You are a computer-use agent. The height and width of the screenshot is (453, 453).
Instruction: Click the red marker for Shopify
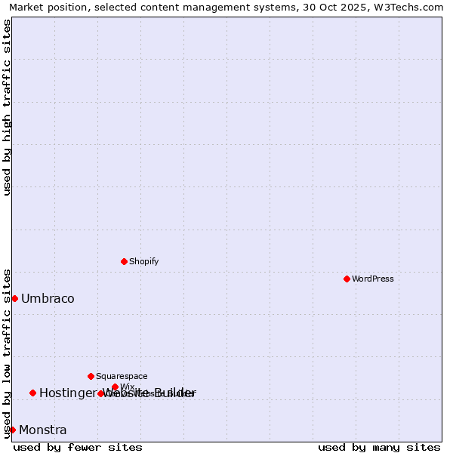[124, 261]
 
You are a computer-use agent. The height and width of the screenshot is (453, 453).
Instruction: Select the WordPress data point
[347, 279]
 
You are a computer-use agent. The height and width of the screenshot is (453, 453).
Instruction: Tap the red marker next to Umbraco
[14, 298]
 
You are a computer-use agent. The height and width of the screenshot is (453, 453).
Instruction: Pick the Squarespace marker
[91, 376]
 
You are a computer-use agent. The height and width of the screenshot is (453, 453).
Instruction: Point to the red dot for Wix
[115, 387]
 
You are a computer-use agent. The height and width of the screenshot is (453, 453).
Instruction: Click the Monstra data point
[12, 430]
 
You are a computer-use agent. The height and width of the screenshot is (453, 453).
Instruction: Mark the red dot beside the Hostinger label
[32, 393]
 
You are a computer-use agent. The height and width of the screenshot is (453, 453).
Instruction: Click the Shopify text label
[143, 261]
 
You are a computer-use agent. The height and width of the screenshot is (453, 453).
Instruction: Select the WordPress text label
[373, 279]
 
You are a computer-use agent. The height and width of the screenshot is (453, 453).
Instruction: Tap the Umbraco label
[48, 298]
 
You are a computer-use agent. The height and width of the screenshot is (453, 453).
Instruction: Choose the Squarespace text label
[122, 376]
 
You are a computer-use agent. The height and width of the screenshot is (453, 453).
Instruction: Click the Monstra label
[42, 430]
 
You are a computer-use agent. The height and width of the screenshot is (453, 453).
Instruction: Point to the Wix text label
[127, 387]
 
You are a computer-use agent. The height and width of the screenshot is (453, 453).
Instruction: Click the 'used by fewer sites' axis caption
[78, 447]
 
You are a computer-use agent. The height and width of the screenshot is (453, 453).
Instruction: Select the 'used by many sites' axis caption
[379, 447]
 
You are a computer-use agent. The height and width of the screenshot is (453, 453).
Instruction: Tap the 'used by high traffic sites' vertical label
[7, 107]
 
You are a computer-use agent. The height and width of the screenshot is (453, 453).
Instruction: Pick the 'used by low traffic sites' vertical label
[7, 353]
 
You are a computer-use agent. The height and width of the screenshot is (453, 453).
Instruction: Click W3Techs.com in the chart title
[408, 7]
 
